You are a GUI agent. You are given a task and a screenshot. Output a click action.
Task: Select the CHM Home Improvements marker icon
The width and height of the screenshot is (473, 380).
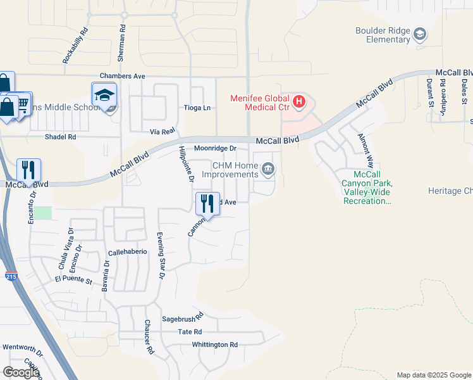tap(269, 168)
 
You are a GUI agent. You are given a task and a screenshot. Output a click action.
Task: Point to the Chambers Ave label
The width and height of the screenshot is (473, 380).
tap(123, 76)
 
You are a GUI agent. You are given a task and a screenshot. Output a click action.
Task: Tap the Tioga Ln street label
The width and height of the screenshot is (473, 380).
tap(197, 108)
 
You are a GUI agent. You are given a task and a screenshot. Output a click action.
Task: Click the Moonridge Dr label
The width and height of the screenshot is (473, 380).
tap(215, 148)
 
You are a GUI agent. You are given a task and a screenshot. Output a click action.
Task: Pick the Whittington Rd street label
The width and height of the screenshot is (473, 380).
tap(216, 345)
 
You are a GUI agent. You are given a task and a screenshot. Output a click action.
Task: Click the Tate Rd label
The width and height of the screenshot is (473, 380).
tap(190, 332)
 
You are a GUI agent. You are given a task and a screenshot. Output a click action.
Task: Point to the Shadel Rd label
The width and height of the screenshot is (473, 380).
tap(60, 137)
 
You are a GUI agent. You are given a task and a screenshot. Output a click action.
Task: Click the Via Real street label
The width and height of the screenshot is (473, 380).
tap(162, 131)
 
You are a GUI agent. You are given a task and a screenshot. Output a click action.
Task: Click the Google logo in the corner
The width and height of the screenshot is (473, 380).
tap(21, 372)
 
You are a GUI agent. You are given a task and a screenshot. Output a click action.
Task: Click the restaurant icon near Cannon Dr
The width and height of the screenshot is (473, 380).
tap(207, 203)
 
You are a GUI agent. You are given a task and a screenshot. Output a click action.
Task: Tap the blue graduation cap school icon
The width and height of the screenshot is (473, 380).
tap(104, 95)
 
